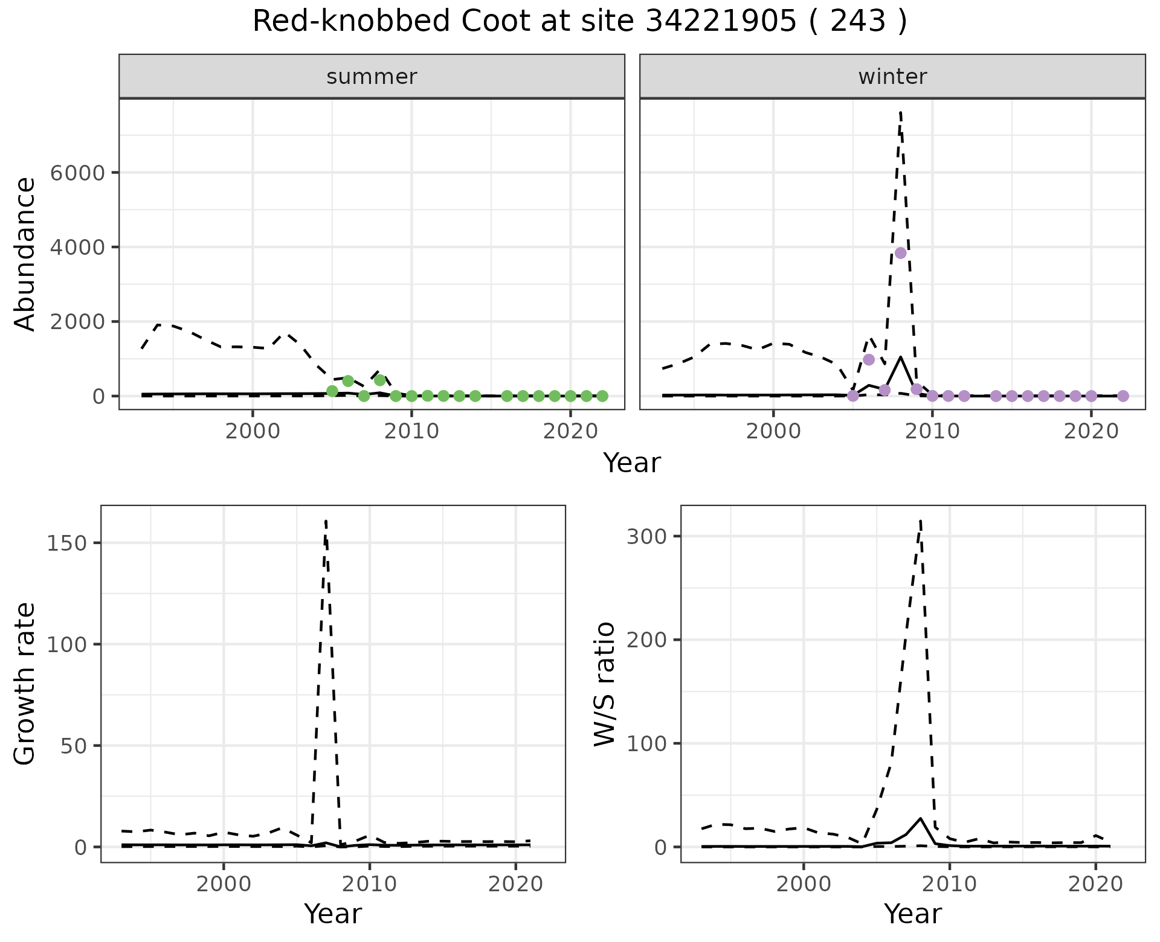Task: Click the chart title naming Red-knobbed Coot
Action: pyautogui.click(x=579, y=22)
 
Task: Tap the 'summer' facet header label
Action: pyautogui.click(x=372, y=77)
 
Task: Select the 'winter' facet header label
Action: pyautogui.click(x=892, y=77)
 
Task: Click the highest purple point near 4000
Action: pyautogui.click(x=900, y=253)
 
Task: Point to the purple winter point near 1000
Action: pyautogui.click(x=869, y=359)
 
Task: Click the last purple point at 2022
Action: pyautogui.click(x=1123, y=396)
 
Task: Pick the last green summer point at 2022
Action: pyautogui.click(x=602, y=396)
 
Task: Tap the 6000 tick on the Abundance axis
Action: pyautogui.click(x=77, y=173)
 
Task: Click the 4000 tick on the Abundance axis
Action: pyautogui.click(x=77, y=248)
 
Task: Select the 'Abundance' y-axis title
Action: pyautogui.click(x=25, y=254)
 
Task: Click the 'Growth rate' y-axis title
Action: pyautogui.click(x=25, y=684)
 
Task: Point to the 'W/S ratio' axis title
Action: pyautogui.click(x=605, y=684)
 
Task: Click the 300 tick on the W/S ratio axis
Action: pyautogui.click(x=647, y=536)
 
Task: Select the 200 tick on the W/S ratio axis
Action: pyautogui.click(x=647, y=639)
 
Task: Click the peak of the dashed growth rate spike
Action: pyautogui.click(x=326, y=521)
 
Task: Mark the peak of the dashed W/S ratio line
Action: pyautogui.click(x=920, y=521)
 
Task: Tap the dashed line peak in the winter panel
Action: pyautogui.click(x=900, y=112)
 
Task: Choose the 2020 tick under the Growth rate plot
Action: pyautogui.click(x=515, y=885)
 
